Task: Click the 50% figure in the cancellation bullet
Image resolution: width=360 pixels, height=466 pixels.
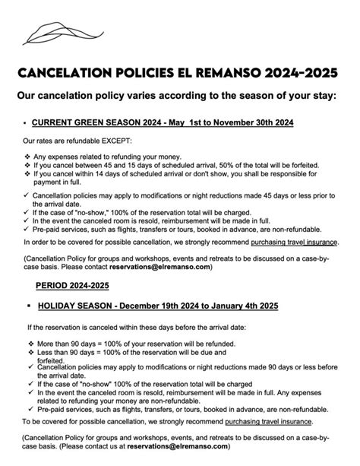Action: point(201,164)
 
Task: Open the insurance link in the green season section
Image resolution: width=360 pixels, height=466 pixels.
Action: point(295,243)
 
